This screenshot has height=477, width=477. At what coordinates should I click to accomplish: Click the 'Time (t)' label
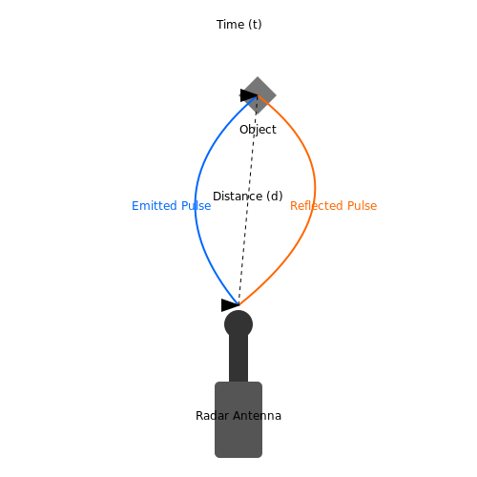point(239,25)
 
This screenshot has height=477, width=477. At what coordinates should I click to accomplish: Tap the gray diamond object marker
point(258,95)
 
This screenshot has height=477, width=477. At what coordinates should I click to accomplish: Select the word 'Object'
point(258,130)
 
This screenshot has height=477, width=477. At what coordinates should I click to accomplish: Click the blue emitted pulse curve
point(196,203)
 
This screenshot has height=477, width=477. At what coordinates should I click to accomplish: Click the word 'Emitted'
point(155,206)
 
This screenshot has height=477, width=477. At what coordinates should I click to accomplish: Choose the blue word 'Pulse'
point(197,206)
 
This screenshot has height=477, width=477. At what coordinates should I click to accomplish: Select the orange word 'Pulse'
point(362,206)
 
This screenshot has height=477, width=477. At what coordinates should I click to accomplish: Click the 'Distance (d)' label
point(248,197)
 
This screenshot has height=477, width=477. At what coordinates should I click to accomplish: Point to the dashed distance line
point(248,200)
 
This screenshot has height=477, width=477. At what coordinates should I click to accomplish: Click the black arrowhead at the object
point(249,95)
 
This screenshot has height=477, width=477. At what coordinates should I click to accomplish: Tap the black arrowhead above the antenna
point(230,305)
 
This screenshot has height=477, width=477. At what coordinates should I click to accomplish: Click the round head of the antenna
point(238,324)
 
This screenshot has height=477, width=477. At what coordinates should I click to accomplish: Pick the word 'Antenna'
point(258,416)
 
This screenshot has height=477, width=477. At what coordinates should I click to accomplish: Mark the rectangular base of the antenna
point(238,420)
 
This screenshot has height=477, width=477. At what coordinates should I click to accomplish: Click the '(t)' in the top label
point(255,25)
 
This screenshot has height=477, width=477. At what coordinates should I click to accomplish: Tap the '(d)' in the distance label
point(275,197)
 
